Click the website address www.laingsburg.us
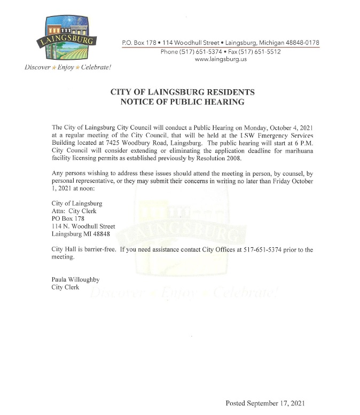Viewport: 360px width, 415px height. click(221, 60)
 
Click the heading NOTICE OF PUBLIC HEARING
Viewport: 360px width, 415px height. click(178, 101)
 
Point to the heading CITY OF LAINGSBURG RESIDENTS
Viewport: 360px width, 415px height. click(178, 92)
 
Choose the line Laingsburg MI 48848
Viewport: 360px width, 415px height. click(80, 233)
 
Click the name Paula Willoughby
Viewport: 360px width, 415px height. click(75, 279)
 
